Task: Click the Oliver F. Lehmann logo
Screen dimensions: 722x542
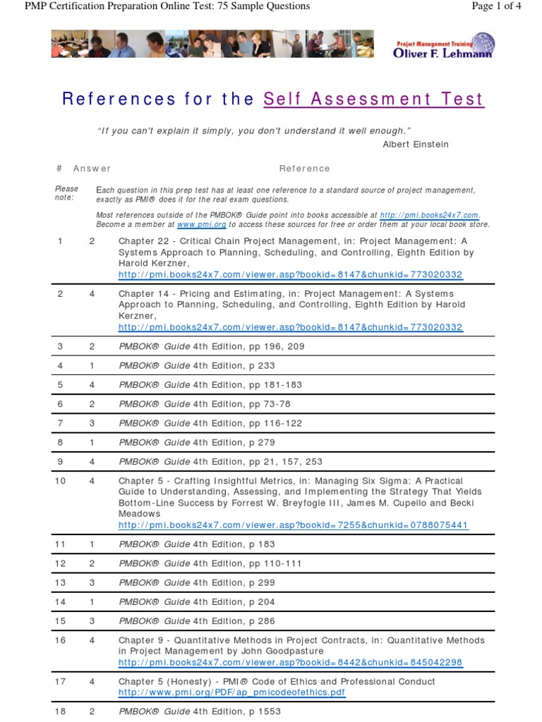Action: click(x=444, y=45)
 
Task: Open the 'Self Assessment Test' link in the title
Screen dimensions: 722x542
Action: click(x=374, y=99)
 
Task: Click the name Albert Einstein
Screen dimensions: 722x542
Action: click(x=416, y=144)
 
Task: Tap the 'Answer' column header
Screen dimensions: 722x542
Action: click(x=92, y=169)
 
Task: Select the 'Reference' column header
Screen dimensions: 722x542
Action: click(x=304, y=169)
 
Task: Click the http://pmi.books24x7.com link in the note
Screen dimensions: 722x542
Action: click(x=429, y=215)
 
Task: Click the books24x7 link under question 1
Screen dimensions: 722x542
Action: click(x=291, y=274)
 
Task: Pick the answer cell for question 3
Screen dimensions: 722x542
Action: click(x=92, y=346)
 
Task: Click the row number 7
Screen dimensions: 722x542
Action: click(x=60, y=423)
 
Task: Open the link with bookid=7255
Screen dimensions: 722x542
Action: click(x=293, y=525)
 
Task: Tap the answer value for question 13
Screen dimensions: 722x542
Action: click(x=92, y=582)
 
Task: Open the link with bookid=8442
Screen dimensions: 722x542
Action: click(x=291, y=662)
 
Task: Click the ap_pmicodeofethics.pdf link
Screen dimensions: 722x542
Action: click(x=232, y=692)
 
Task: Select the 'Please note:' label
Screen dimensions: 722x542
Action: click(x=67, y=193)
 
